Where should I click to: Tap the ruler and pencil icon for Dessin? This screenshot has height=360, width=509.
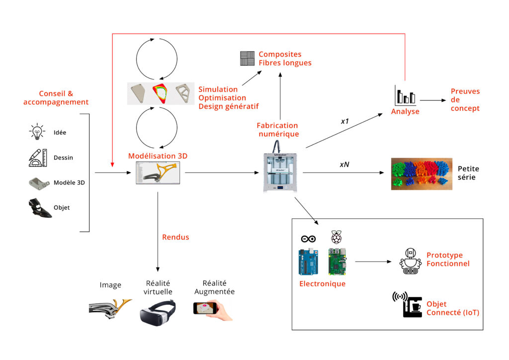[x=37, y=157]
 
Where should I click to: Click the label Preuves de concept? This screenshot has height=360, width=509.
[x=465, y=99]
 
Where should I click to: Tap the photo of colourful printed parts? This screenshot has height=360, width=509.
[x=422, y=174]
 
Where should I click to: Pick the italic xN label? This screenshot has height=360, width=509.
[x=344, y=164]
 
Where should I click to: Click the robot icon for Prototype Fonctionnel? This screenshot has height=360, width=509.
[x=411, y=260]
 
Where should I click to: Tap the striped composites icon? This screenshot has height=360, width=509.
[x=247, y=59]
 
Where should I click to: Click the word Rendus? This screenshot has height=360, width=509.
[x=175, y=237]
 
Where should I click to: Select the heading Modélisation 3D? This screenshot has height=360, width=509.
[x=158, y=156]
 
